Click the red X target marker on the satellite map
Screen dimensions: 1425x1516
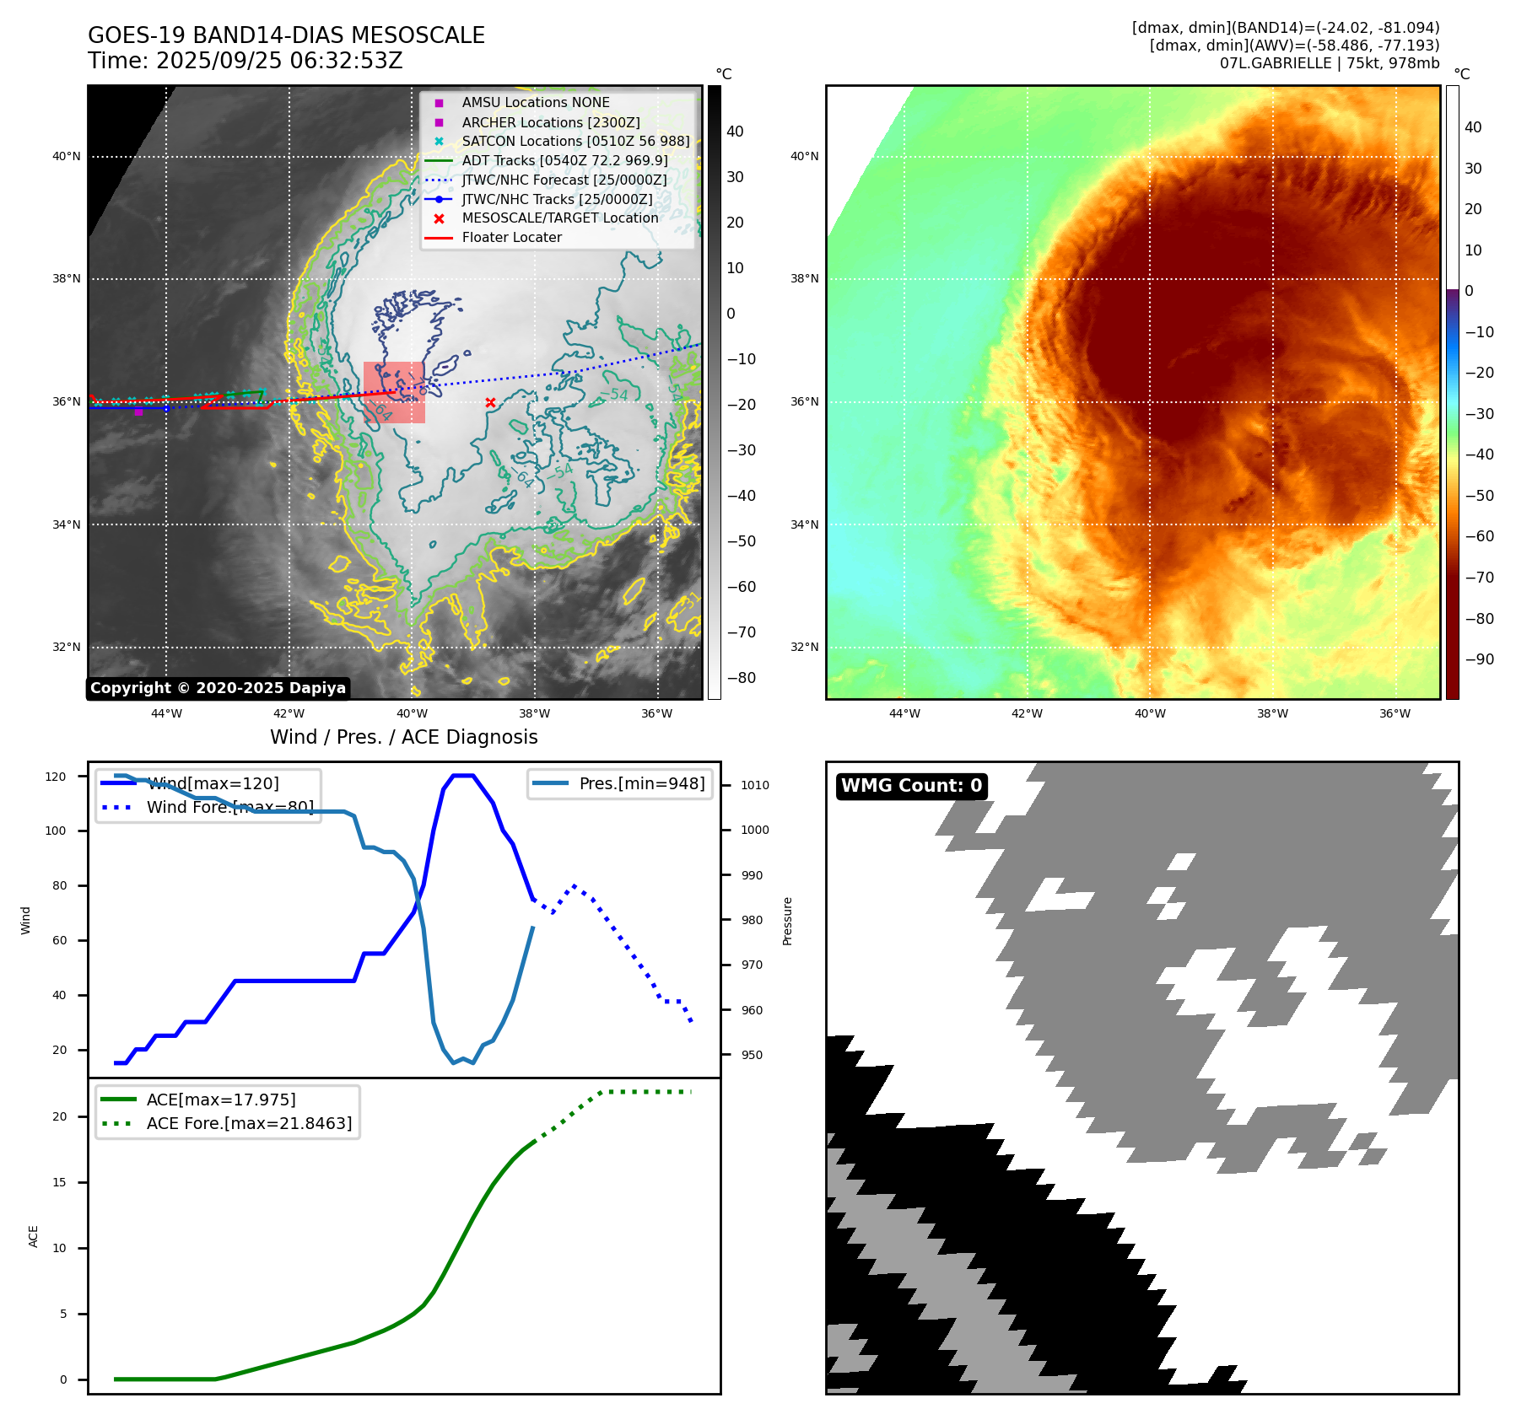[490, 403]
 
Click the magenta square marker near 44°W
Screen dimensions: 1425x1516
[138, 411]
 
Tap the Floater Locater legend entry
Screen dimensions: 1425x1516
[511, 238]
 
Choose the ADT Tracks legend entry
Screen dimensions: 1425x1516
[564, 161]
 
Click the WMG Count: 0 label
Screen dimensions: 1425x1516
[911, 786]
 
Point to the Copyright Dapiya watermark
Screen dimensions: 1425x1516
[218, 688]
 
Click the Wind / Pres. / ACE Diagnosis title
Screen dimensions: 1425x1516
[403, 737]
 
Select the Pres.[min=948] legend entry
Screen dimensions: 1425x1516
[641, 783]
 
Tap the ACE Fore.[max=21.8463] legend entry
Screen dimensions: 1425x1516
[249, 1123]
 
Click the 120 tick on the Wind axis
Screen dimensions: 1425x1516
[56, 777]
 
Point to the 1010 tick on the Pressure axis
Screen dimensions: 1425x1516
[755, 785]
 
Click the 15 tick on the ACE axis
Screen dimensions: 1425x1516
[60, 1182]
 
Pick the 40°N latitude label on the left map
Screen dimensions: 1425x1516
[67, 156]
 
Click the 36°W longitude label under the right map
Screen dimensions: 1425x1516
[1395, 713]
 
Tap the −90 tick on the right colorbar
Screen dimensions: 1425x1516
[1479, 659]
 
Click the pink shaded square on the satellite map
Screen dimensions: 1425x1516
[394, 393]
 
